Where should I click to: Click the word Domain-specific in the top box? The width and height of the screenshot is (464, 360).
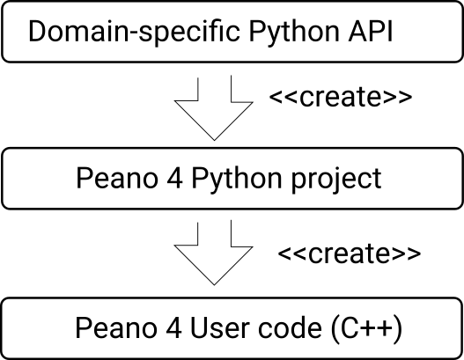tap(134, 32)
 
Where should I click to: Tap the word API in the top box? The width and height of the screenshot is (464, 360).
tap(371, 31)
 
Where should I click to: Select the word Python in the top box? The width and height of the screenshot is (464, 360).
tap(294, 32)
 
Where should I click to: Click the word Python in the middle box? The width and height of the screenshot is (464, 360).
tap(237, 179)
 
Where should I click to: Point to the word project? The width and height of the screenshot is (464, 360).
tap(336, 179)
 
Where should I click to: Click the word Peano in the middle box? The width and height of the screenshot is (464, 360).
tap(117, 178)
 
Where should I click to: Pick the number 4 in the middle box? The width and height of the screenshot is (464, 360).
tap(174, 178)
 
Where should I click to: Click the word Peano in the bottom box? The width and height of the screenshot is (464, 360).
tap(116, 327)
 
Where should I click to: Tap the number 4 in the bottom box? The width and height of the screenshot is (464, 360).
tap(173, 327)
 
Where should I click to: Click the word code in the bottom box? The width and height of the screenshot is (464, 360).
tap(290, 327)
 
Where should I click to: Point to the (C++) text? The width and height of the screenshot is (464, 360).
tap(366, 328)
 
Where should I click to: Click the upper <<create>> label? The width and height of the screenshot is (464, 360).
tap(341, 97)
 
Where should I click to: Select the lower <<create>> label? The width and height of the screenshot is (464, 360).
tap(350, 253)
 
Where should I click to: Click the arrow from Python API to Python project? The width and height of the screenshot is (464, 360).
tap(214, 108)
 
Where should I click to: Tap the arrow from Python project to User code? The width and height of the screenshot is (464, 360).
tap(214, 253)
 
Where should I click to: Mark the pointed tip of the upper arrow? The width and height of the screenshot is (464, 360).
tap(214, 140)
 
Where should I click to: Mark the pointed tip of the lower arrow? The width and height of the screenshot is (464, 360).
tap(214, 285)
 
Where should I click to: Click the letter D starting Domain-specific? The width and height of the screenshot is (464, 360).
tap(38, 31)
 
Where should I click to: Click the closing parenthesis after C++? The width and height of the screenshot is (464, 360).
tap(398, 329)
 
